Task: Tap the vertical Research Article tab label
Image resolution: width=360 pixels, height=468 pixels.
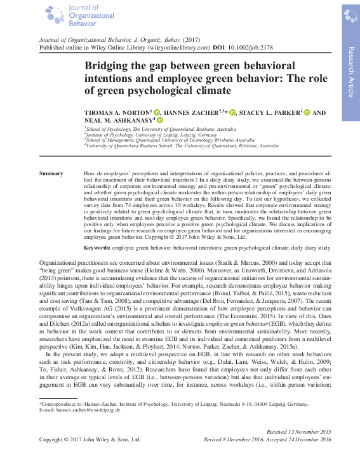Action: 350,72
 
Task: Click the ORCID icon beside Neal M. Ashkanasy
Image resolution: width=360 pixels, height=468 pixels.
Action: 160,120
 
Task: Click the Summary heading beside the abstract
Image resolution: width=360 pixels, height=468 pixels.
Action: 51,173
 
